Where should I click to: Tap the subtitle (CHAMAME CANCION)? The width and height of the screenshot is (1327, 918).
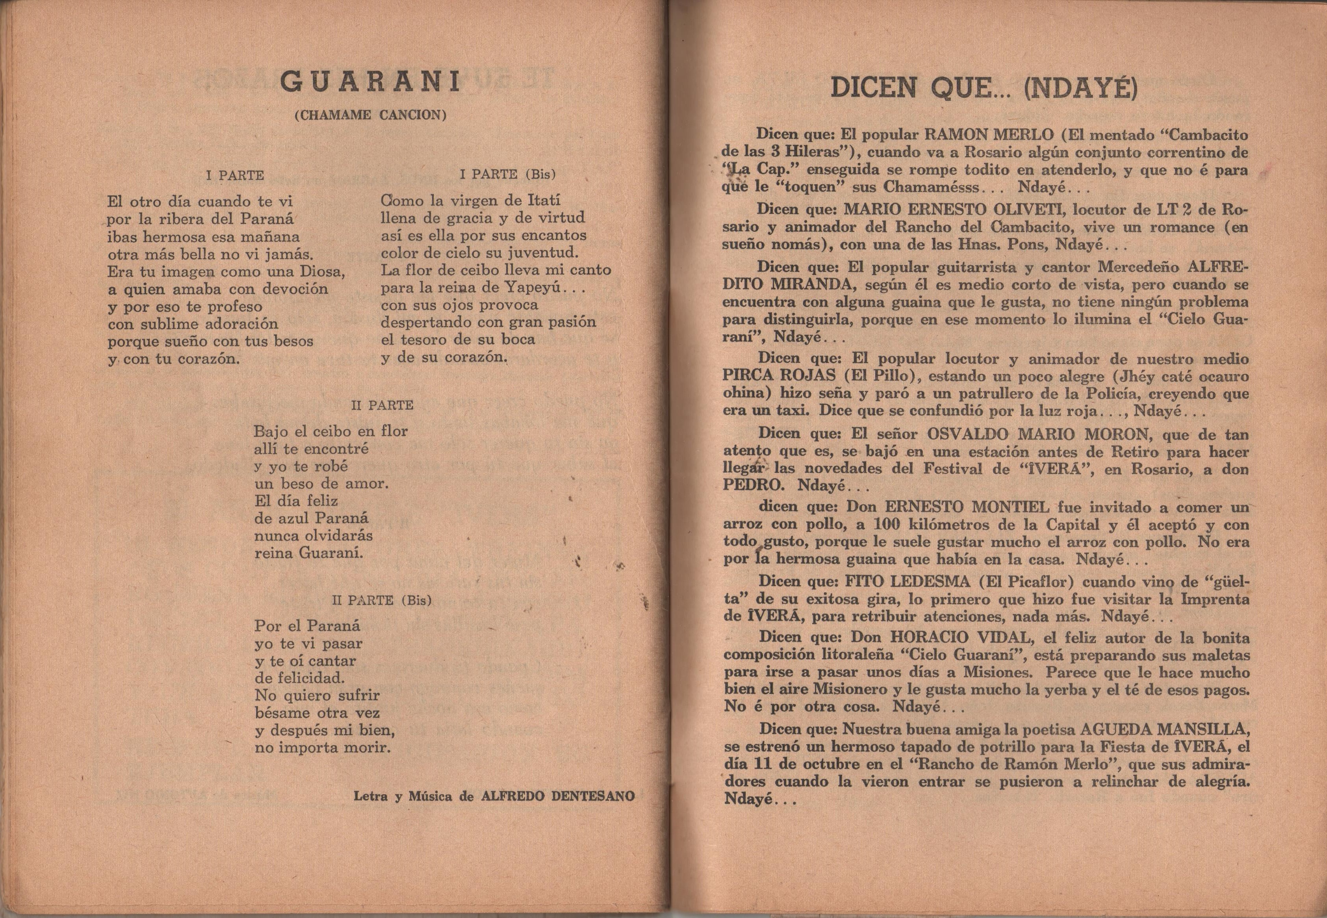point(370,115)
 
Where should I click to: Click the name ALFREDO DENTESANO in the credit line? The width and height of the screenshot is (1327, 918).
point(558,796)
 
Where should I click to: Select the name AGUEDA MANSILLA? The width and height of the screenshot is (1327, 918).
point(1165,729)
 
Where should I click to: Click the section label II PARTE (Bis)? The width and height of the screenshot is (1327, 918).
point(382,600)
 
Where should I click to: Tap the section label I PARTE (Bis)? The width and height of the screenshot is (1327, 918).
point(508,174)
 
